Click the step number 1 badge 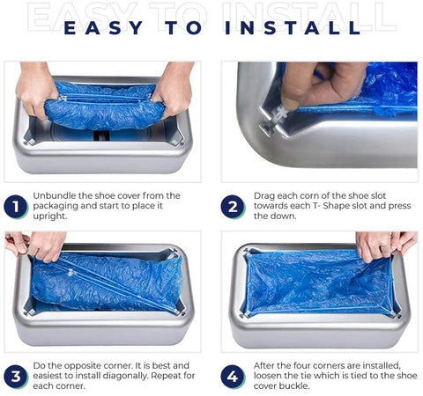(15, 207)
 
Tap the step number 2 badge (233, 207)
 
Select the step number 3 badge (15, 377)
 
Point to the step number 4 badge (233, 377)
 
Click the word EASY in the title (103, 28)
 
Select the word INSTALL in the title (293, 28)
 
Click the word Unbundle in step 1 (53, 195)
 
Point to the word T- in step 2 (316, 206)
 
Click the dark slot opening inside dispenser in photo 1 (101, 136)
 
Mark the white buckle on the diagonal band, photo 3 (70, 274)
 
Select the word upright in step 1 (49, 216)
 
